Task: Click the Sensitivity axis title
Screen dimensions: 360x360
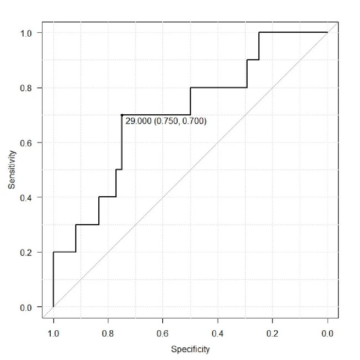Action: click(13, 170)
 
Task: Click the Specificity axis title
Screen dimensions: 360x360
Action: click(190, 349)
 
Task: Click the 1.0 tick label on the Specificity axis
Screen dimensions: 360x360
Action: click(53, 334)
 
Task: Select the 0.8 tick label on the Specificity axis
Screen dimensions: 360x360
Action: click(108, 334)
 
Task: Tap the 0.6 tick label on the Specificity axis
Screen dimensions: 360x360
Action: click(163, 334)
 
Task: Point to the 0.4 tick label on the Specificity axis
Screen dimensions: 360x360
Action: click(218, 334)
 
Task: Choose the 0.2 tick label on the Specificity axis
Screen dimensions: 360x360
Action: click(273, 334)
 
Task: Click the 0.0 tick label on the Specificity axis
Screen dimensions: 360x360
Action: click(327, 334)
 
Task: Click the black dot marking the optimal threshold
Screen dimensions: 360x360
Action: click(122, 115)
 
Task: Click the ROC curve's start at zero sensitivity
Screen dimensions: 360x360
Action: click(53, 307)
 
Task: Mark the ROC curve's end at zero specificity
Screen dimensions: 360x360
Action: click(327, 32)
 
